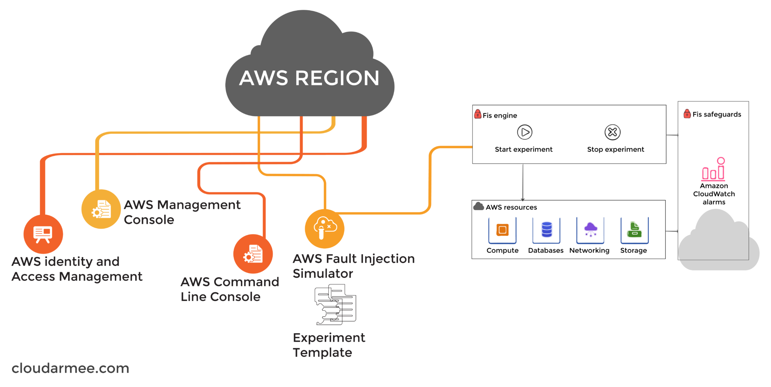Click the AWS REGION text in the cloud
coord(309,78)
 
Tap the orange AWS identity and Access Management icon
coord(43,234)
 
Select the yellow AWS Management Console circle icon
coord(101,209)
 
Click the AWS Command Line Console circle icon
coord(253,254)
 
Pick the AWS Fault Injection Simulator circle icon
coord(325,229)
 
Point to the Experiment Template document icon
coord(335,305)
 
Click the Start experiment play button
coord(525,132)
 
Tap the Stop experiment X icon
coord(613,132)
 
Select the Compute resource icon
coord(503,230)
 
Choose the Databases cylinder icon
coord(547,230)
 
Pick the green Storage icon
coord(635,230)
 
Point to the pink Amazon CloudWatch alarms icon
coord(713,169)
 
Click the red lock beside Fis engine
coord(478,114)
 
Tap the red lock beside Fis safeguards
coord(687,114)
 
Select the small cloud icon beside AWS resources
coord(478,206)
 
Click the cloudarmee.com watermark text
coord(70,368)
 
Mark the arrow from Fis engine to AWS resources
coord(523,182)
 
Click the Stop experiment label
coord(616,150)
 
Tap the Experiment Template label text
coord(329,345)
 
